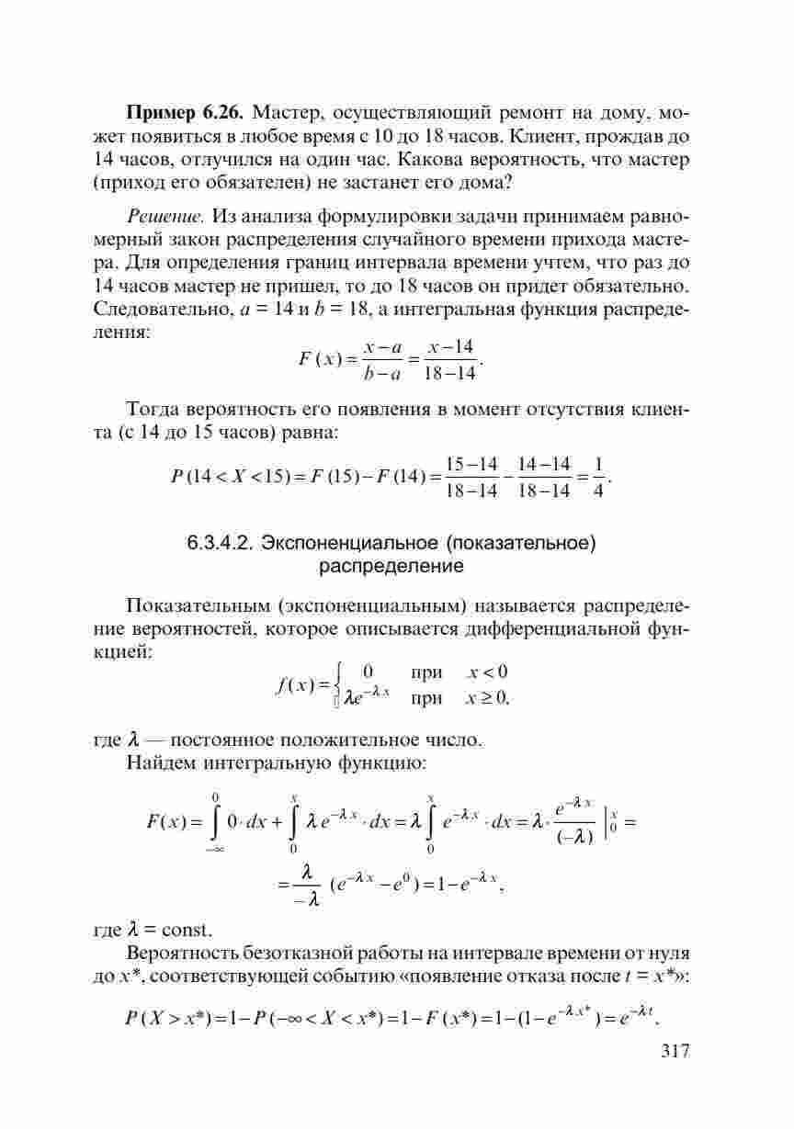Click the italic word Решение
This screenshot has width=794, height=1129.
click(x=164, y=218)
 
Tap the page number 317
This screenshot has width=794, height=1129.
click(x=675, y=1051)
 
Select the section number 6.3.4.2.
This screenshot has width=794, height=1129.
click(x=222, y=543)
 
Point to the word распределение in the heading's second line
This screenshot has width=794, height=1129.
click(x=391, y=567)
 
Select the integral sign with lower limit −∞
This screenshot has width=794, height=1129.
click(x=215, y=822)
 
